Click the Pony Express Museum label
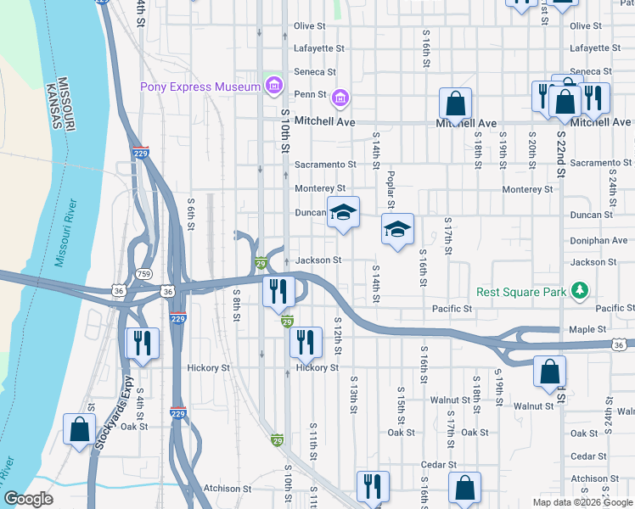(200, 87)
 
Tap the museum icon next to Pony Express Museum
(273, 86)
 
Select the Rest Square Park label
(521, 292)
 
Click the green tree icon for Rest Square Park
(580, 292)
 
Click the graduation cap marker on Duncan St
(344, 212)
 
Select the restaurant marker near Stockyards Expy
(141, 343)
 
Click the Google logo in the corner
(29, 499)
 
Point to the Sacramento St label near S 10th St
(324, 165)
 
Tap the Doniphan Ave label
(599, 240)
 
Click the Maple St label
(589, 329)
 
